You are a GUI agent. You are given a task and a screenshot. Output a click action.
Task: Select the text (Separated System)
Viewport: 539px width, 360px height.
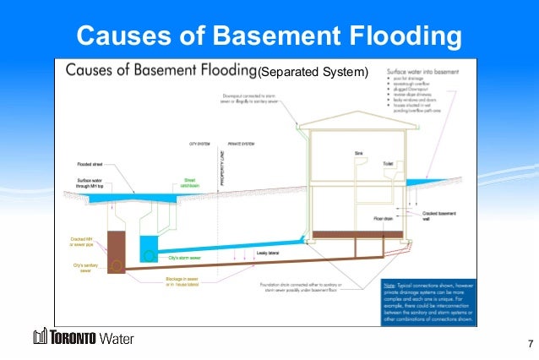[x=313, y=72]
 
